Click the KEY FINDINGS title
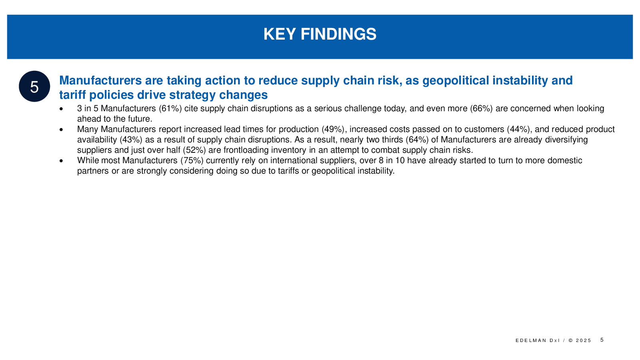coord(320,34)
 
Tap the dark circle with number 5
coord(34,86)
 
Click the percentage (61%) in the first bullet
coord(170,108)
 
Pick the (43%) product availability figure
coord(131,140)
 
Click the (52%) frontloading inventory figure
coord(194,150)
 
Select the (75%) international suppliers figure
coord(192,160)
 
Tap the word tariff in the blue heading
coord(72,95)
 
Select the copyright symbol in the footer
coord(570,340)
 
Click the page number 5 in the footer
coord(602,340)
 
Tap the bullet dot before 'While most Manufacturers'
coord(61,161)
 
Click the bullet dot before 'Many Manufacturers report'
coord(61,130)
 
